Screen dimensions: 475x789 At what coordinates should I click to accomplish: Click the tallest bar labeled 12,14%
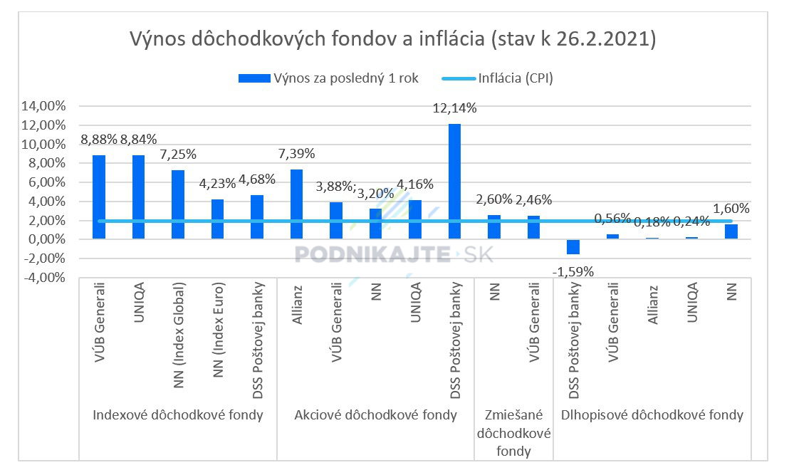click(x=454, y=181)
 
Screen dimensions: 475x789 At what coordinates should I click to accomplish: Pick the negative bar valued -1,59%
click(x=573, y=246)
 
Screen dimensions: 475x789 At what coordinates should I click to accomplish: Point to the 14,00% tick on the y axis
click(x=45, y=106)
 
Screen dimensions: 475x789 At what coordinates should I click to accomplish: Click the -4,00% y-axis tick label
click(x=45, y=278)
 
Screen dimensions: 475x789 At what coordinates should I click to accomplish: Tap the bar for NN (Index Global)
click(x=178, y=204)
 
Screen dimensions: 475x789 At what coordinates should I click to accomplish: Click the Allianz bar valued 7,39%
click(x=297, y=204)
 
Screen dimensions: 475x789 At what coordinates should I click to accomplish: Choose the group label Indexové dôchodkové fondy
click(x=178, y=415)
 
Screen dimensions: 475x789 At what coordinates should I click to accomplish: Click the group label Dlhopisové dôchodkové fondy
click(x=652, y=415)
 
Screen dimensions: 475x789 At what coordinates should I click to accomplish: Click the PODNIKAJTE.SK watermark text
click(x=393, y=254)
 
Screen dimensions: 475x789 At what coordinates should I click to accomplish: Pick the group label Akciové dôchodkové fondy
click(x=375, y=415)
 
